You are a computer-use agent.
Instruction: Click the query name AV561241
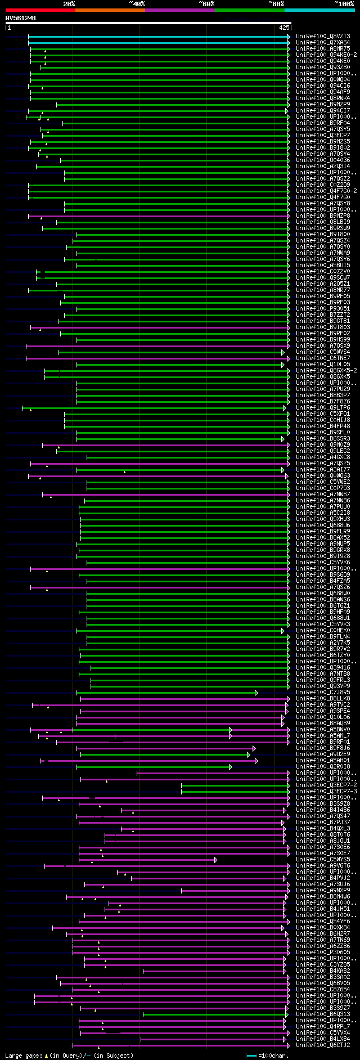click(x=21, y=18)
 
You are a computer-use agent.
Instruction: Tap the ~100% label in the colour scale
click(x=344, y=4)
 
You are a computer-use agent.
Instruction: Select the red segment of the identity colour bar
click(x=40, y=10)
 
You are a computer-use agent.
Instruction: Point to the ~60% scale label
click(x=206, y=4)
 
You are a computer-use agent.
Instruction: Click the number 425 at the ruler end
click(x=284, y=27)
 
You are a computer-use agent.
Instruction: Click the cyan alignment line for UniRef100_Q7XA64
click(x=157, y=42)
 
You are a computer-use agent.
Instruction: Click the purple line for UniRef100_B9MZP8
click(x=157, y=216)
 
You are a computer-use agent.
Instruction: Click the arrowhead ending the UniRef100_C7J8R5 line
click(x=256, y=693)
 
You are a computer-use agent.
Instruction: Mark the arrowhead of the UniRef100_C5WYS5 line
click(x=215, y=860)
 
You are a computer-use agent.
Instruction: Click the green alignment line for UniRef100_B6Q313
click(x=214, y=1014)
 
